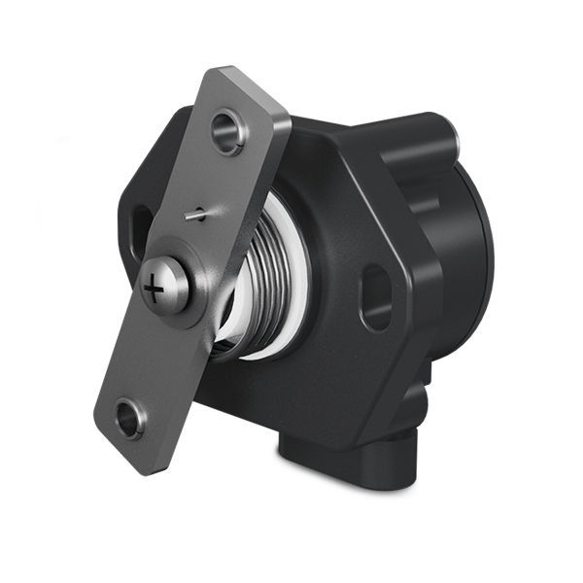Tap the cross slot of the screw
[x=155, y=289]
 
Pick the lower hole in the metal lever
[x=128, y=420]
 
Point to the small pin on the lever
[x=198, y=214]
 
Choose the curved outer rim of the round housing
[x=486, y=253]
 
